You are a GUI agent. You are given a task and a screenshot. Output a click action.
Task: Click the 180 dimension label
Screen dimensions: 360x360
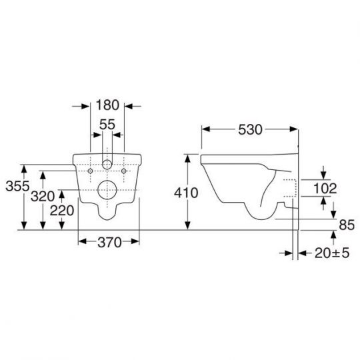pyautogui.click(x=107, y=105)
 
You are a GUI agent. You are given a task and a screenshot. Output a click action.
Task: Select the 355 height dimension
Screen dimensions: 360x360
pyautogui.click(x=17, y=186)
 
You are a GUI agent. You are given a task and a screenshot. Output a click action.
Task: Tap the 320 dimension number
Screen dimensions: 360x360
pyautogui.click(x=43, y=197)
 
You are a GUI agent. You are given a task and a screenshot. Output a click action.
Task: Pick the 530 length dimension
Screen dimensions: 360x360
pyautogui.click(x=250, y=130)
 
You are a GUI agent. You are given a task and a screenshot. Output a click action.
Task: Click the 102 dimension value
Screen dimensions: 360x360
pyautogui.click(x=325, y=189)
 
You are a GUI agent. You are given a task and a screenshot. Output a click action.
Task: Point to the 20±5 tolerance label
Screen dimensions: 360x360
pyautogui.click(x=332, y=253)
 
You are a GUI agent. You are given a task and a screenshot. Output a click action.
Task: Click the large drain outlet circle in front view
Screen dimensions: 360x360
pyautogui.click(x=107, y=190)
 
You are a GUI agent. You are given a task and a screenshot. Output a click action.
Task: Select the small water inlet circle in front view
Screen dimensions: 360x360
pyautogui.click(x=107, y=164)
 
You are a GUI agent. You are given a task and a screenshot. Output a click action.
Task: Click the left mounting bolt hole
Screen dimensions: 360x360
pyautogui.click(x=90, y=171)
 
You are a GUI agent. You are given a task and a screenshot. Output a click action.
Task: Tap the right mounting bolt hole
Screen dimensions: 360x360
pyautogui.click(x=124, y=171)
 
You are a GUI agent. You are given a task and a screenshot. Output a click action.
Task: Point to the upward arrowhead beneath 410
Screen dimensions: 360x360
pyautogui.click(x=188, y=225)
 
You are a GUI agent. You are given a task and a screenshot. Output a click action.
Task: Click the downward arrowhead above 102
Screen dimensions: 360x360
pyautogui.click(x=323, y=175)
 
